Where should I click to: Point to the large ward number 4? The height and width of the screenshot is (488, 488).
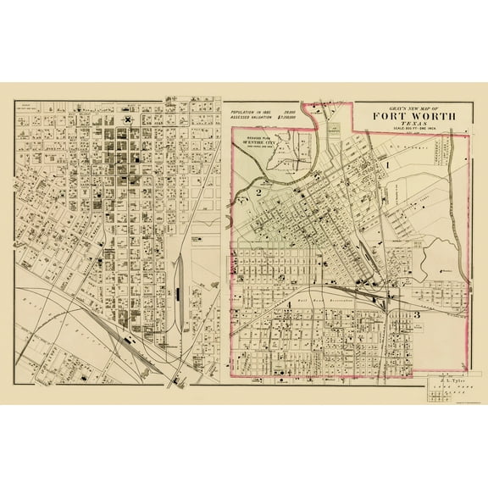pyautogui.click(x=289, y=314)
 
